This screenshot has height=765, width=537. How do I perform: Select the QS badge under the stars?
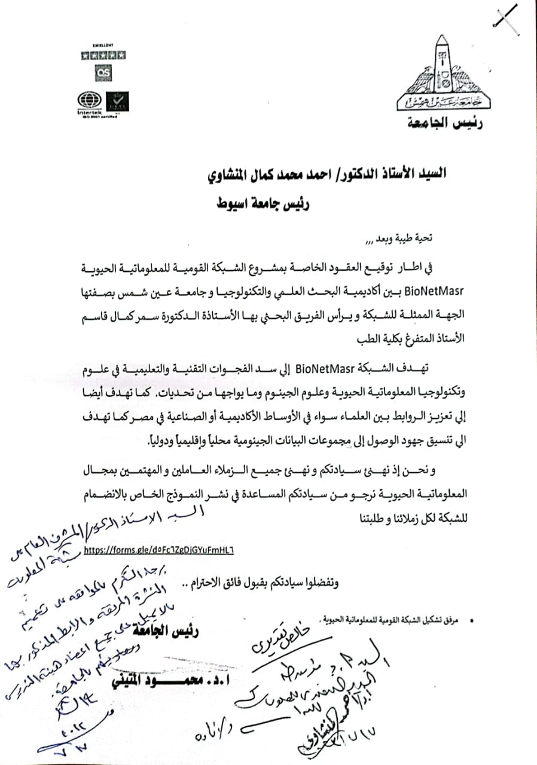(103, 71)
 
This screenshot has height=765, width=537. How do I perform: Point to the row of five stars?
(103, 55)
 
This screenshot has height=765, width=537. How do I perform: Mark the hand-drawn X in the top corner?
(506, 16)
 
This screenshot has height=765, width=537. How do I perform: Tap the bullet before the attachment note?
(473, 623)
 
